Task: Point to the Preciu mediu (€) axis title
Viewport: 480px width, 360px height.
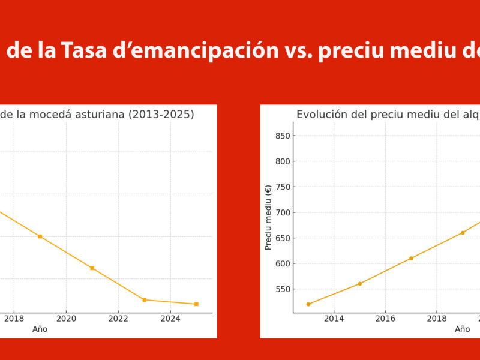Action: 268,217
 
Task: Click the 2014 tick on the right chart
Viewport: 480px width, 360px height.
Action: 334,318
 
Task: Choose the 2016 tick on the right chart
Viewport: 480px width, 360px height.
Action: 385,318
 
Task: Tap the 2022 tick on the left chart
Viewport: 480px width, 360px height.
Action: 118,318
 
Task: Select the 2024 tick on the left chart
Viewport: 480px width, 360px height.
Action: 170,318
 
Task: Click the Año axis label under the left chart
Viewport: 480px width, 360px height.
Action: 40,329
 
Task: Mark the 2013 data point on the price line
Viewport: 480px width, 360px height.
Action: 308,304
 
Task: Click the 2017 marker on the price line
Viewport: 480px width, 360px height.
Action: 411,258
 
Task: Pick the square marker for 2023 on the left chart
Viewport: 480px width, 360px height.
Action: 144,299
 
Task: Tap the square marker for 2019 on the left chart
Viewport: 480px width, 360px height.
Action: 40,236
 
